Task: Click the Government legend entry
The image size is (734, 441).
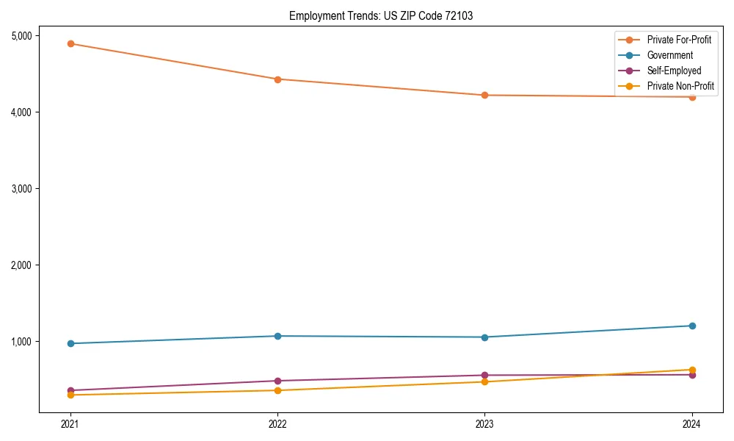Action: point(669,55)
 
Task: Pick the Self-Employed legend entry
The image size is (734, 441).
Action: point(674,71)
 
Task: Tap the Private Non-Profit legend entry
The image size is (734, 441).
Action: point(680,86)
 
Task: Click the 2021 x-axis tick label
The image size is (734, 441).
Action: point(70,424)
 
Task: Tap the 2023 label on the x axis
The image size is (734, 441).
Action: point(484,424)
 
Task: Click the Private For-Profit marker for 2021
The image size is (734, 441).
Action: point(70,43)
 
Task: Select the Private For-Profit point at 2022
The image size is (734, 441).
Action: point(277,79)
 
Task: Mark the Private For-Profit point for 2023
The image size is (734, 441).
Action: point(484,95)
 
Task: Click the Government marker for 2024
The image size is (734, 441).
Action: point(691,326)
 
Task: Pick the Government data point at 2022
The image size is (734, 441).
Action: point(277,336)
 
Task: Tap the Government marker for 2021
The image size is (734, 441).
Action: point(70,343)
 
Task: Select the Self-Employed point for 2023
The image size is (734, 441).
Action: point(484,375)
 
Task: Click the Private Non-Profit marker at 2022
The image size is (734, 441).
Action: point(277,390)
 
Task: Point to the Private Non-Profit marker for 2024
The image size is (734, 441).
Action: point(691,370)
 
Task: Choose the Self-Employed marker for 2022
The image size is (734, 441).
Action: point(277,381)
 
